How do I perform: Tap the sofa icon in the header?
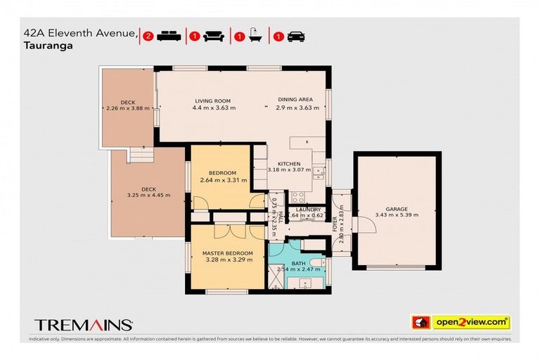coord(214,36)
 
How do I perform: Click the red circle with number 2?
coord(148,36)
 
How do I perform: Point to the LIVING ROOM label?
coord(212,101)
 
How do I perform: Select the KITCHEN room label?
coord(289,163)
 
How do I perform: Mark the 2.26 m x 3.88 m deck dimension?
coord(128,108)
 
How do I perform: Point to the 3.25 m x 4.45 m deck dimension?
coord(148,195)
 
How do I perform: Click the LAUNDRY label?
coord(308,210)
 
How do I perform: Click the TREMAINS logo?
coord(84,324)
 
